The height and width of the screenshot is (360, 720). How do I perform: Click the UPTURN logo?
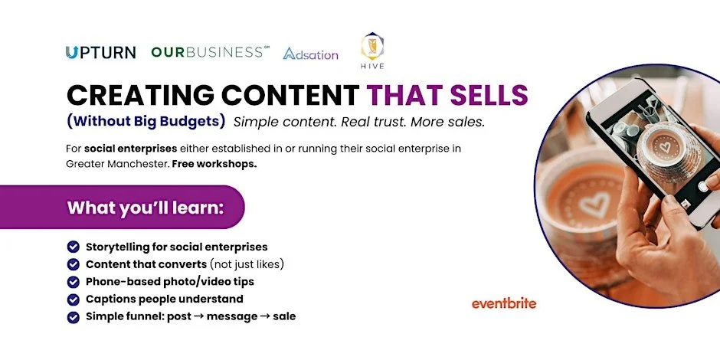100,53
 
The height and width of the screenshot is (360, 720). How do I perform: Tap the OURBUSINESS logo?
211,53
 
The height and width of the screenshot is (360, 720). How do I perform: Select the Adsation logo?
310,54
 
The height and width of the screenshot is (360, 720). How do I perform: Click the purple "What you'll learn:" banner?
146,208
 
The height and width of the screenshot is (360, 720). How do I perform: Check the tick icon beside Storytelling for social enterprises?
74,247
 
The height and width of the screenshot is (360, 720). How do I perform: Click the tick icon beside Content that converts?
74,264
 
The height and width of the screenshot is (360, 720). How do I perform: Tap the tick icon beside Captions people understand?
74,299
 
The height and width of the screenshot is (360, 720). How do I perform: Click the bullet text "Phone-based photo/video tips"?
169,282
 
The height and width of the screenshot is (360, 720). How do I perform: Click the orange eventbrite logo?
504,303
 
